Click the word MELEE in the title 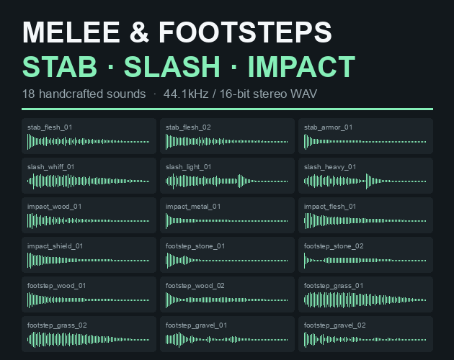(71, 32)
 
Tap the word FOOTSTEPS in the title (245, 32)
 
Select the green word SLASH (172, 67)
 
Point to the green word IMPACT (301, 67)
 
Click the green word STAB (59, 67)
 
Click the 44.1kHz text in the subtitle (186, 94)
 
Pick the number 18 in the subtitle (28, 94)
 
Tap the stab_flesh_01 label (50, 127)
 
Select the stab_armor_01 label (328, 127)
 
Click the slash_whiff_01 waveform (89, 181)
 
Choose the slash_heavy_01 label (330, 167)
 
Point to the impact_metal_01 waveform (227, 221)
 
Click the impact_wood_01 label (54, 207)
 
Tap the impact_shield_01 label (55, 246)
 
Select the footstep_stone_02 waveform (365, 261)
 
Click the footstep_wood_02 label (195, 286)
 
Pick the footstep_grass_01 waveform (365, 300)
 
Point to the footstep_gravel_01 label (196, 325)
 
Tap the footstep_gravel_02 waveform (365, 340)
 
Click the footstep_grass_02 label (57, 325)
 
